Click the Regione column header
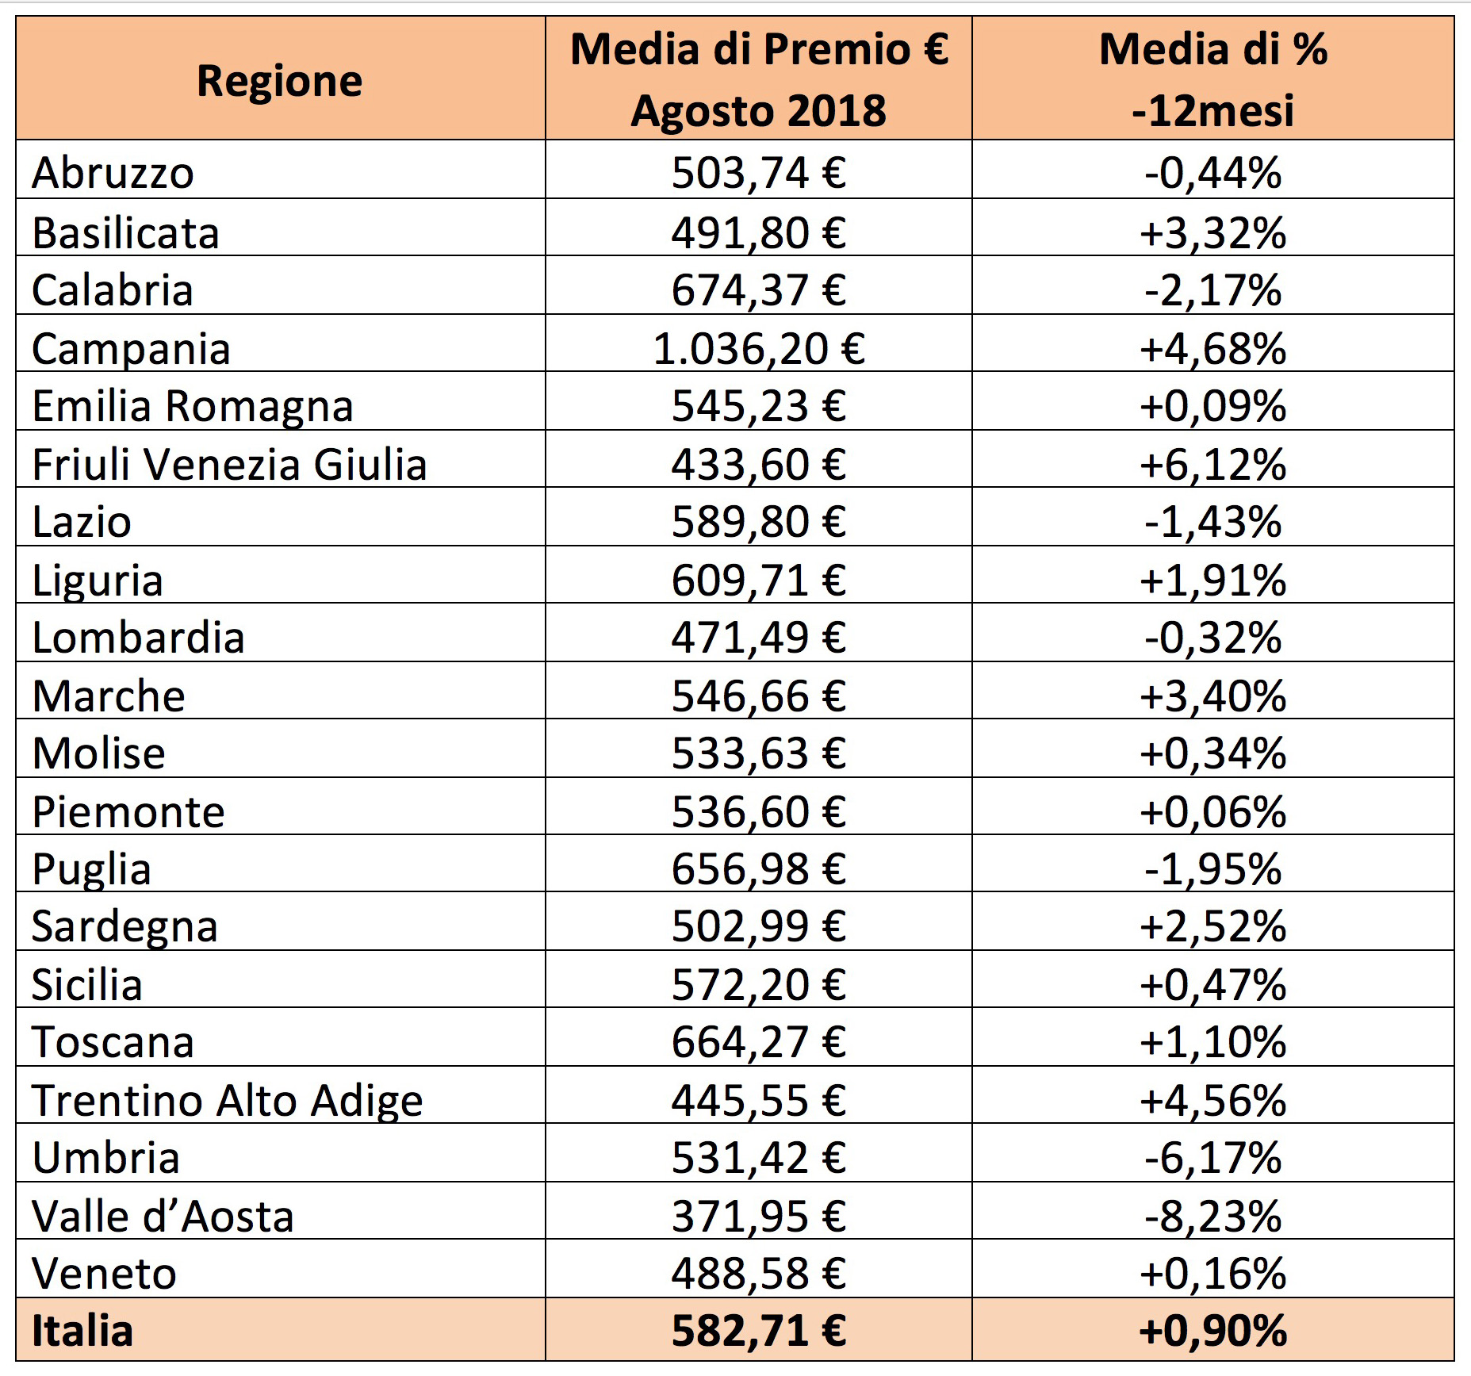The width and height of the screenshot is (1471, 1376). pyautogui.click(x=280, y=81)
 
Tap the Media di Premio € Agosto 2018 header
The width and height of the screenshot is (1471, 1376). pyautogui.click(x=759, y=79)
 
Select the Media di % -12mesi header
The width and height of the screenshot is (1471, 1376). pyautogui.click(x=1213, y=79)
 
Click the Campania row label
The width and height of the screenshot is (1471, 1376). pyautogui.click(x=132, y=349)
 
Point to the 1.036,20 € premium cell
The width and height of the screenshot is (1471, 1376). pyautogui.click(x=759, y=349)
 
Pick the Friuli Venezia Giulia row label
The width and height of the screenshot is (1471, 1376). pyautogui.click(x=230, y=465)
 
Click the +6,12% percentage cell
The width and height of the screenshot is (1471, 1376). pyautogui.click(x=1213, y=465)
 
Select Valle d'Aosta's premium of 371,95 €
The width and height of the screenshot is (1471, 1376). pyautogui.click(x=759, y=1217)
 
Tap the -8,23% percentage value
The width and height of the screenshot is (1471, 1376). pyautogui.click(x=1213, y=1217)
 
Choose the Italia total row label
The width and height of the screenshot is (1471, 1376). pyautogui.click(x=82, y=1331)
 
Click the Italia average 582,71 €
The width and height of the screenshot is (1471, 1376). pyautogui.click(x=759, y=1331)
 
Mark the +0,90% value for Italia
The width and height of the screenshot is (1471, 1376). pyautogui.click(x=1213, y=1331)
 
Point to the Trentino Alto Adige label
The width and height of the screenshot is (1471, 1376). pyautogui.click(x=228, y=1101)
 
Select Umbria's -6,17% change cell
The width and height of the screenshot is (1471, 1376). pyautogui.click(x=1213, y=1158)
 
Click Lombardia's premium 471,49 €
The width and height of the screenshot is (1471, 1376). pyautogui.click(x=759, y=638)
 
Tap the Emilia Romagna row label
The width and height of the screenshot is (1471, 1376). pyautogui.click(x=193, y=407)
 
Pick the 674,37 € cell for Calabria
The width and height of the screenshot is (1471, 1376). pyautogui.click(x=759, y=290)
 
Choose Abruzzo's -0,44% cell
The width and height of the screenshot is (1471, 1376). pyautogui.click(x=1213, y=173)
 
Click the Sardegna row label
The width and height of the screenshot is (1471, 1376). pyautogui.click(x=124, y=927)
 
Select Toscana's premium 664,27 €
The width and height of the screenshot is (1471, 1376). pyautogui.click(x=759, y=1042)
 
